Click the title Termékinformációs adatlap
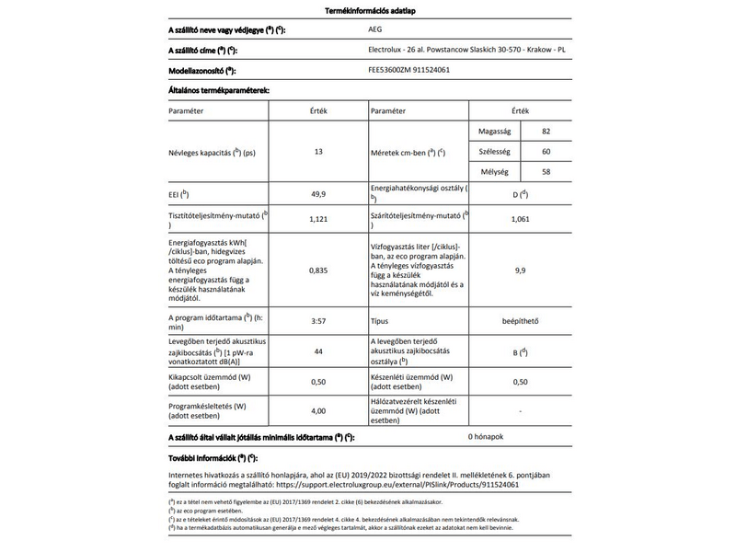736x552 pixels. pos(368,10)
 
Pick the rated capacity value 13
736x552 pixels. pos(318,151)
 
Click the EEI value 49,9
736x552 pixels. pos(318,194)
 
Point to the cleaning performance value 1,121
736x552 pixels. pos(318,219)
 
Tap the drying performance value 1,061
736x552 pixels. pos(520,219)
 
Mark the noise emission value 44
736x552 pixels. pos(318,351)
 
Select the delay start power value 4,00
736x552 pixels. pos(318,410)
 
